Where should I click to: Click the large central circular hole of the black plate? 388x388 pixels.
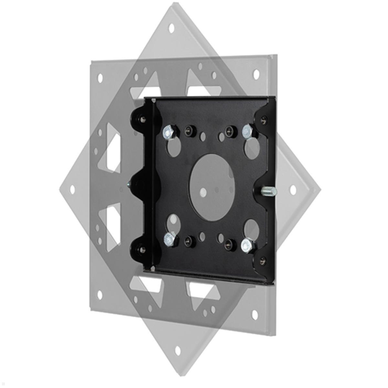(212, 187)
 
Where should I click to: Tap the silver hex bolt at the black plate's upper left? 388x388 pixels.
(169, 132)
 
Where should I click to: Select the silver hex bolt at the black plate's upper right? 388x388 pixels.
(247, 131)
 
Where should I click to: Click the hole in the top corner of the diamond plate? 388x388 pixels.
(171, 28)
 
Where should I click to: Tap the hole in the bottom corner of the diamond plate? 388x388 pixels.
(178, 350)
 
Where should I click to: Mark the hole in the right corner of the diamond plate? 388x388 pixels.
(293, 190)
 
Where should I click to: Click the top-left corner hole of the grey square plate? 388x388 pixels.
(100, 78)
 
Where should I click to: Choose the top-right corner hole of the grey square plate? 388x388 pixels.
(256, 74)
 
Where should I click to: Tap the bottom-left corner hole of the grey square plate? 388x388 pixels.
(100, 295)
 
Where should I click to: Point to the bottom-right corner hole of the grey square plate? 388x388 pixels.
(255, 315)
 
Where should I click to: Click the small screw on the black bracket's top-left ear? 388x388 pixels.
(143, 120)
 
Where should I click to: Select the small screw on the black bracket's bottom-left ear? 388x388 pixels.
(142, 250)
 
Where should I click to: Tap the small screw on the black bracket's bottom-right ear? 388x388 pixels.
(263, 259)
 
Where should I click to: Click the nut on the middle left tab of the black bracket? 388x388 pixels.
(129, 185)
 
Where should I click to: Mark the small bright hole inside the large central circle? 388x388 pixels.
(203, 193)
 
